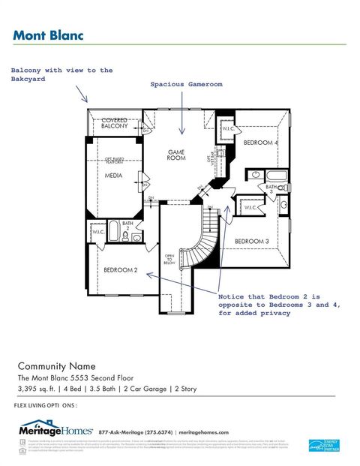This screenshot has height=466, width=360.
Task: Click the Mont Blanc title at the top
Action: pyautogui.click(x=48, y=35)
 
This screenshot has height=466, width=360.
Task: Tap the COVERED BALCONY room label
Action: pyautogui.click(x=115, y=124)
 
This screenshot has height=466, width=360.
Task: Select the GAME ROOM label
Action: pyautogui.click(x=176, y=155)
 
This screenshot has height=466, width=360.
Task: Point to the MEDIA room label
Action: pyautogui.click(x=113, y=176)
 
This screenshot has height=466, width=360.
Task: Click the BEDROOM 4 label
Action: pyautogui.click(x=260, y=143)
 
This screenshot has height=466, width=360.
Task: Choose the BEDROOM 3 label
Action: pyautogui.click(x=251, y=241)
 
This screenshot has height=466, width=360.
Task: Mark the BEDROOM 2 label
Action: pyautogui.click(x=120, y=269)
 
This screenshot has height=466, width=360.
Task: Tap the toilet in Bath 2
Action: pyautogui.click(x=137, y=237)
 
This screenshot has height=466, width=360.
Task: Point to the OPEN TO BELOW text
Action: pyautogui.click(x=169, y=260)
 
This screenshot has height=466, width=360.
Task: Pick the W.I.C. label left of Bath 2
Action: pyautogui.click(x=97, y=232)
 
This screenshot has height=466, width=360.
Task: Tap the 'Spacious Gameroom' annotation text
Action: pyautogui.click(x=187, y=85)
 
